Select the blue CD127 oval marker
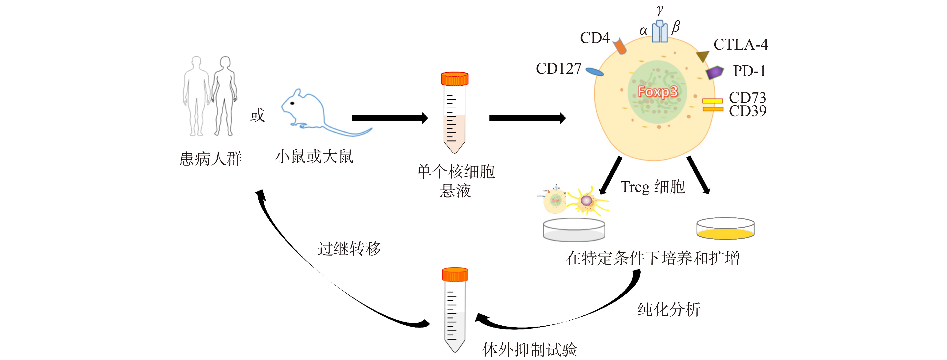click(594, 72)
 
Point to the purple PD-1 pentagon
click(715, 73)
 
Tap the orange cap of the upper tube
click(455, 79)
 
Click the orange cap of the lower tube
click(455, 274)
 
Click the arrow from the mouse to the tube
click(390, 118)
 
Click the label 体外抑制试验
click(530, 349)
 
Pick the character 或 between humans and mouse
click(257, 115)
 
